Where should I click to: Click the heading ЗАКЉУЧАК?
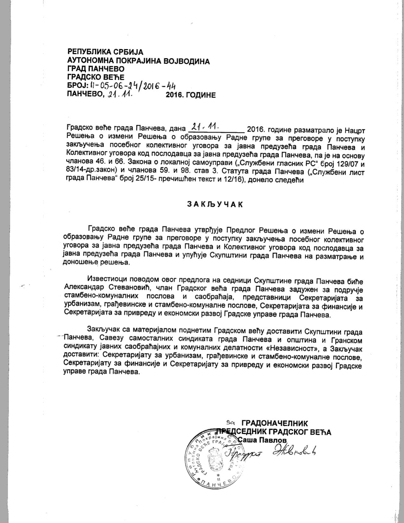[x=215, y=204]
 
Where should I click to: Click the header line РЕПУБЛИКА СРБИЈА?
[x=106, y=52]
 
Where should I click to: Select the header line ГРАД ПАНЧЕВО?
[x=96, y=69]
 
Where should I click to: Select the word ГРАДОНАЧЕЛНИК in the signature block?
[x=275, y=423]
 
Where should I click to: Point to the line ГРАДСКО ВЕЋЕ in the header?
[x=96, y=77]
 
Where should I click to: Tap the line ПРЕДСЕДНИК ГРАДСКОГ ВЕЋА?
[x=274, y=432]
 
